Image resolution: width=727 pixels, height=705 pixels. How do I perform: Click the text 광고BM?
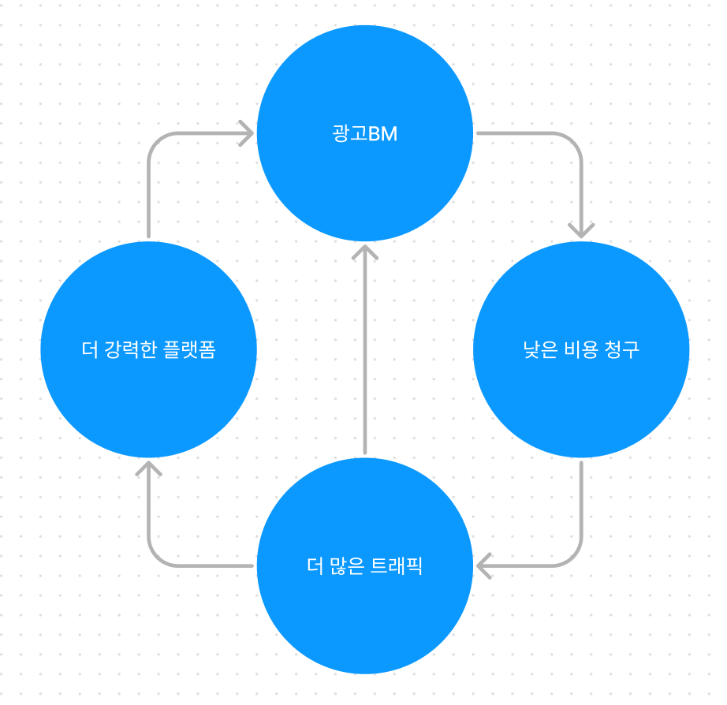coord(364,134)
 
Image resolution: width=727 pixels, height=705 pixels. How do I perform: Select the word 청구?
coord(622,350)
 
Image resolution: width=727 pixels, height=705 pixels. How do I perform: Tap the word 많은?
coord(345,566)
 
